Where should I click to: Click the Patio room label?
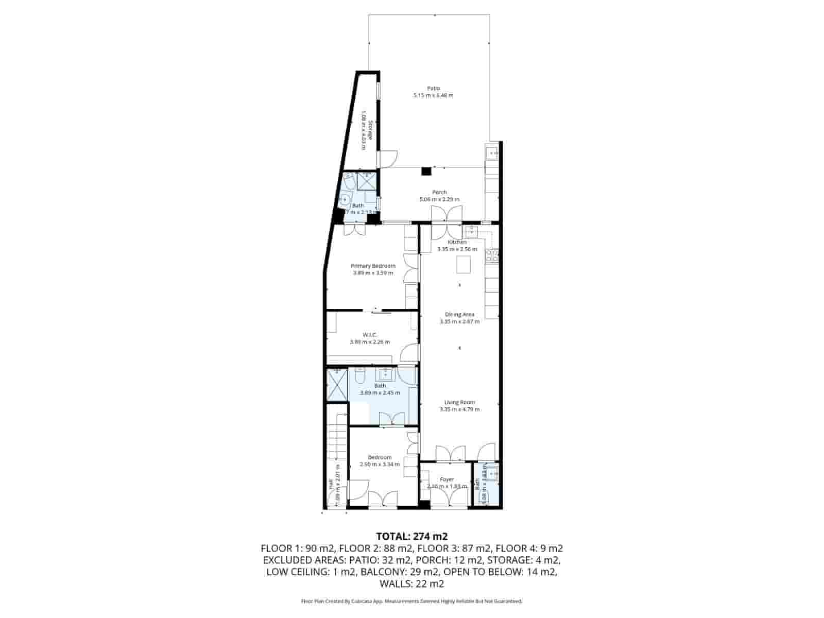coord(433,88)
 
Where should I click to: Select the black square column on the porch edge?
coord(426,171)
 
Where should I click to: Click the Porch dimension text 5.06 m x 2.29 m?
coord(439,199)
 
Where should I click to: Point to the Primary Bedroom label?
coord(373,266)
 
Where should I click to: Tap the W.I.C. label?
coord(370,335)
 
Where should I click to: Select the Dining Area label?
coord(459,314)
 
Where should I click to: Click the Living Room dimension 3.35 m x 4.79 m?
coord(459,409)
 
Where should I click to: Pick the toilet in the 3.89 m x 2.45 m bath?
coord(360,377)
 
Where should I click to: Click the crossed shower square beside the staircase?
coord(337,384)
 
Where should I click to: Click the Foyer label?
coord(447,479)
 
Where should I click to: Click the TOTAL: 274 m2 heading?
coord(411,536)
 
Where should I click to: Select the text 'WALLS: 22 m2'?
coord(411,584)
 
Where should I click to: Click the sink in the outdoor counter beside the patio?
coord(492,153)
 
